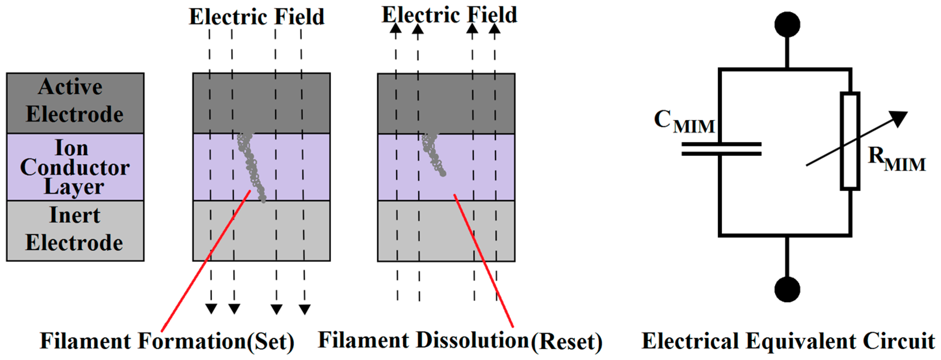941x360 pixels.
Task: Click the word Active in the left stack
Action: point(70,87)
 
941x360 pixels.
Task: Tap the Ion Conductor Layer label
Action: point(74,167)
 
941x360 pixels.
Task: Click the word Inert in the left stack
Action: point(74,215)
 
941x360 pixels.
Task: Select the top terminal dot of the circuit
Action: point(787,24)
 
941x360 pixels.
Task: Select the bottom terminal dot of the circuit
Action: point(787,289)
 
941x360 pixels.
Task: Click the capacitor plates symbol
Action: point(722,149)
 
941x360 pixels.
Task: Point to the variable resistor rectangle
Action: point(850,141)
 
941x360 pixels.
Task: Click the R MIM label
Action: point(896,159)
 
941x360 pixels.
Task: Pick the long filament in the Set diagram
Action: point(252,166)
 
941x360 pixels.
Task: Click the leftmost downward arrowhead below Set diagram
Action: point(211,309)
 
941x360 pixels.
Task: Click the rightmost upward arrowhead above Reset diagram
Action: point(494,29)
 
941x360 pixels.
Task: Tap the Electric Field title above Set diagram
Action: point(257,17)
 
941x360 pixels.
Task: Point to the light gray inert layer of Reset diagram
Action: point(446,231)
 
